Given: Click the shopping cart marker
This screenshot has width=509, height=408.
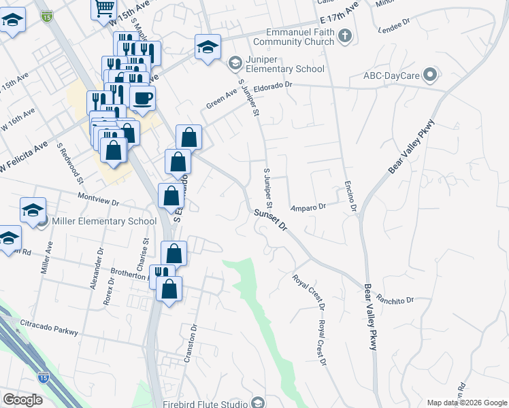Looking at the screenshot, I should point(104,9).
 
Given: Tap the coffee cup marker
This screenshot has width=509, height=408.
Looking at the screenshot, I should point(143,98).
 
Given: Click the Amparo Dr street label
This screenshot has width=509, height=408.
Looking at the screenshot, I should point(309,205).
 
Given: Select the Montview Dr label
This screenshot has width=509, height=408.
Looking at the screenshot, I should point(99,202).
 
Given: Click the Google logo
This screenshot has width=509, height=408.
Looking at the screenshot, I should point(22,400).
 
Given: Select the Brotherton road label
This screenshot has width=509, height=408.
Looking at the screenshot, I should point(129,274).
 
